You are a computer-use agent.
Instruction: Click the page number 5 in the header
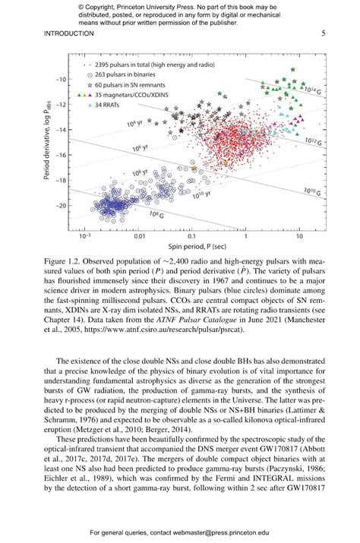(x=323, y=33)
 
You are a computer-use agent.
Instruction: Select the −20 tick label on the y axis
(x=57, y=205)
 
